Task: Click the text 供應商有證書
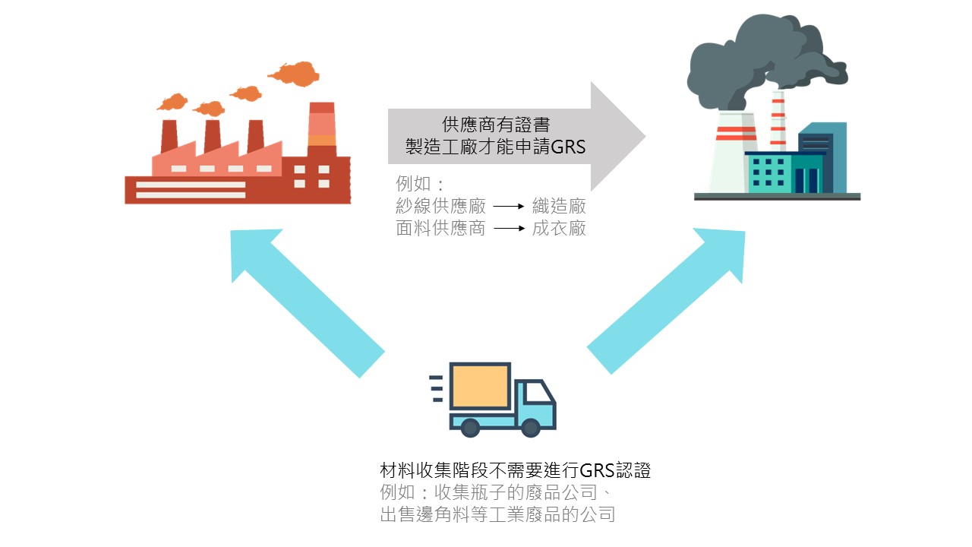[x=496, y=124]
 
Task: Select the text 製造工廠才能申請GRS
[x=496, y=147]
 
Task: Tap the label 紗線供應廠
[x=440, y=206]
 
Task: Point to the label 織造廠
[x=559, y=206]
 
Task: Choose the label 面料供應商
[x=440, y=228]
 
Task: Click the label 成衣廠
[x=559, y=228]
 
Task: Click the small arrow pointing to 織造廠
[x=509, y=206]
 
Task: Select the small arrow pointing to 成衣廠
[x=509, y=228]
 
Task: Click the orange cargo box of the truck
[x=479, y=387]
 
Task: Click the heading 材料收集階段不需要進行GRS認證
[x=515, y=470]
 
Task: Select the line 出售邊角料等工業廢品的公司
[x=497, y=514]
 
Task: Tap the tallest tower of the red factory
[x=322, y=133]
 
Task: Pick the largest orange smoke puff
[x=294, y=74]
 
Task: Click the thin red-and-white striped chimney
[x=778, y=122]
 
